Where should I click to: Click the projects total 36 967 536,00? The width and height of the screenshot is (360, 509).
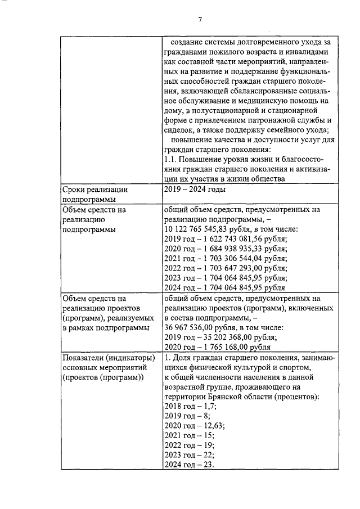196,328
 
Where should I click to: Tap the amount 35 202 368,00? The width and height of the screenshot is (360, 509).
224,338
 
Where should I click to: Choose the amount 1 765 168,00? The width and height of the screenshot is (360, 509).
222,348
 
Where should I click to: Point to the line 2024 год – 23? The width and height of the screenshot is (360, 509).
188,465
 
